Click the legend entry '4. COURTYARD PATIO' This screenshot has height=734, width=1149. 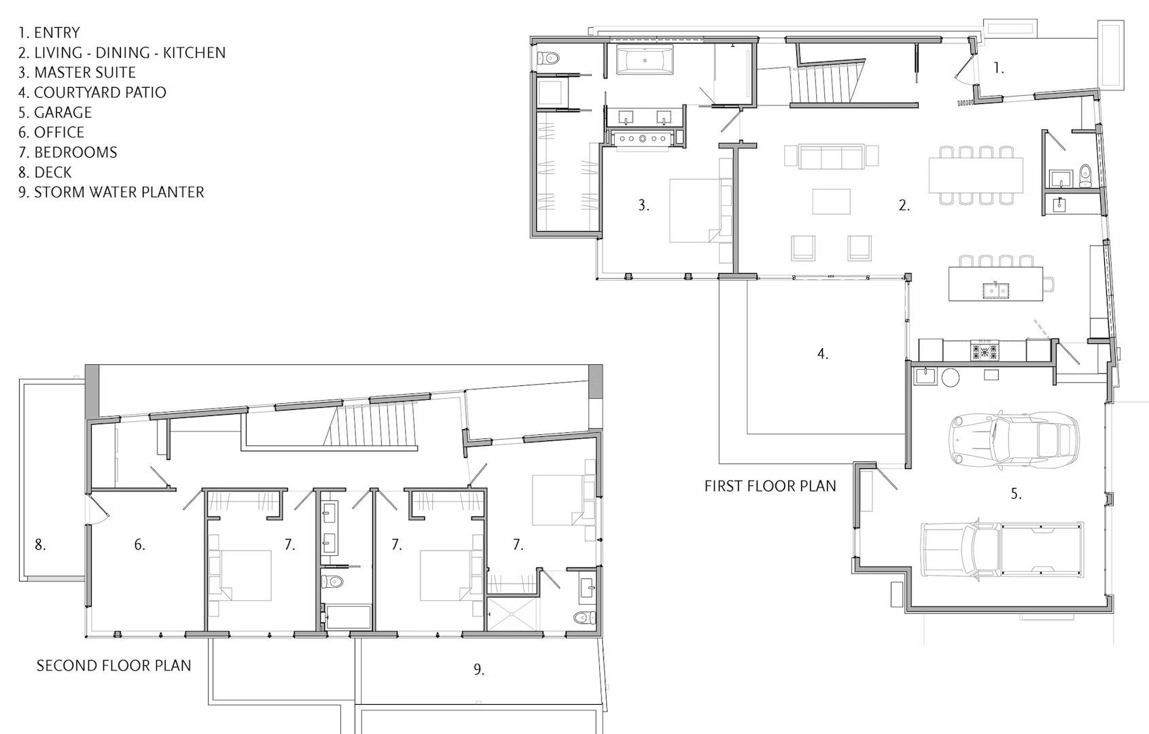(92, 92)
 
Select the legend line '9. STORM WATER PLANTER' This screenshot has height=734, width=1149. (111, 192)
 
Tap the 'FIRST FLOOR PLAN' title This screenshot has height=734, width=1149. (770, 486)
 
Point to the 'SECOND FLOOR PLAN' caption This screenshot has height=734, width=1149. (113, 665)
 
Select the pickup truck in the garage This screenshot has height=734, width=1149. (1001, 549)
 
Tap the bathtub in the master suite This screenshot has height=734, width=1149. (645, 60)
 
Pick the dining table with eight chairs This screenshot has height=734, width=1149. (976, 175)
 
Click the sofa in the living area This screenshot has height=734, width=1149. (832, 157)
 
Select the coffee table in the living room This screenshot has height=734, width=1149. (831, 201)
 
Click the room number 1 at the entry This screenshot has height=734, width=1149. (998, 68)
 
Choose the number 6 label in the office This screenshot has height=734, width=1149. (139, 544)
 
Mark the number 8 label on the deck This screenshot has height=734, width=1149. (40, 544)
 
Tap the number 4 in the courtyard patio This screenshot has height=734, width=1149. (822, 353)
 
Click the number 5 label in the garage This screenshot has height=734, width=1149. (1016, 494)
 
